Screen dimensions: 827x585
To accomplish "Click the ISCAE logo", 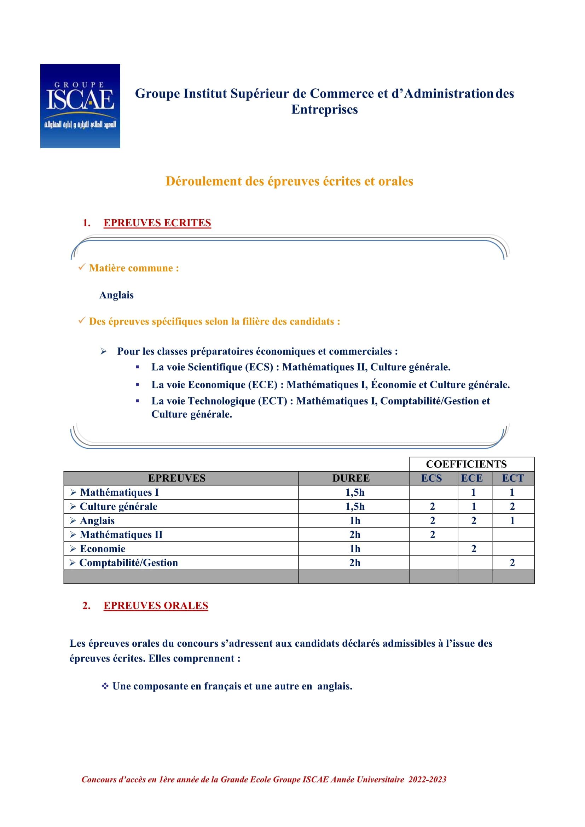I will pyautogui.click(x=80, y=106).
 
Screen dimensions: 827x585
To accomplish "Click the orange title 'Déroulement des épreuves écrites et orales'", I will pyautogui.click(x=289, y=181).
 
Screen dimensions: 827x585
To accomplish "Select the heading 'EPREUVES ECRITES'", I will pyautogui.click(x=157, y=223).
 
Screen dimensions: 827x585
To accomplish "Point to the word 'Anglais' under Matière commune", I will pyautogui.click(x=116, y=295).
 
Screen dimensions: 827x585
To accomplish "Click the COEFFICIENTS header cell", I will pyautogui.click(x=466, y=464).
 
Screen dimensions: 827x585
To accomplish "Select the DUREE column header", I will pyautogui.click(x=351, y=478).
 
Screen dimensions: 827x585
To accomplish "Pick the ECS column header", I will pyautogui.click(x=431, y=478).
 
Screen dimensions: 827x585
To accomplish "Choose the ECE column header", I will pyautogui.click(x=472, y=478).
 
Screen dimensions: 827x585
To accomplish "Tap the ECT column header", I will pyautogui.click(x=513, y=478).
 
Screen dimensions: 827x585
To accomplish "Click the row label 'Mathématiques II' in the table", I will pyautogui.click(x=121, y=535).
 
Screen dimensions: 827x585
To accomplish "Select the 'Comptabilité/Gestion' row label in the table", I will pyautogui.click(x=129, y=563).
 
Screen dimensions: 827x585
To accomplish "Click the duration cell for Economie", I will pyautogui.click(x=355, y=549).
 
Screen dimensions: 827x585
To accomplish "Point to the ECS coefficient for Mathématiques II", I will pyautogui.click(x=433, y=535).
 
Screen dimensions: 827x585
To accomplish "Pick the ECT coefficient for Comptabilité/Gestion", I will pyautogui.click(x=512, y=563).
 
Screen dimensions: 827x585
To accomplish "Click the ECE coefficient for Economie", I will pyautogui.click(x=474, y=549).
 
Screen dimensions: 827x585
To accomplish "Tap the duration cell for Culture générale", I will pyautogui.click(x=355, y=506).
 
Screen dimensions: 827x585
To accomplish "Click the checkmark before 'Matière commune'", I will pyautogui.click(x=82, y=267).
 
